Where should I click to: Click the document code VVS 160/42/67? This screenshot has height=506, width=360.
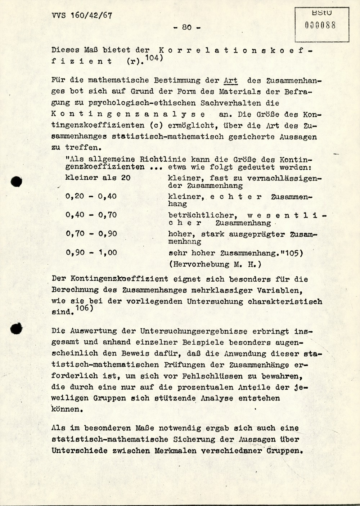click(x=82, y=15)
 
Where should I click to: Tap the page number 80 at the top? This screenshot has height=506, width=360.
click(x=187, y=27)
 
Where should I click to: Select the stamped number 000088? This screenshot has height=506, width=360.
click(x=320, y=25)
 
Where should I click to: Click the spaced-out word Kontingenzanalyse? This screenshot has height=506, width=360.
click(x=128, y=114)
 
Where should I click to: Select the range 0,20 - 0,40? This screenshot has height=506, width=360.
click(x=91, y=196)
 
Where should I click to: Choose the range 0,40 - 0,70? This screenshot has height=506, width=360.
click(x=91, y=215)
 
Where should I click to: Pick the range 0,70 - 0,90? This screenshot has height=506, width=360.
click(x=91, y=234)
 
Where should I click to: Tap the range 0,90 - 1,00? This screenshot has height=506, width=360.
click(x=91, y=252)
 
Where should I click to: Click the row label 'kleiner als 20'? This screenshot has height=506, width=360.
click(x=98, y=178)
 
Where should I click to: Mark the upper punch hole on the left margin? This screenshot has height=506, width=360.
click(x=16, y=182)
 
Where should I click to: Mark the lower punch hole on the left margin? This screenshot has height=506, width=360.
click(x=16, y=328)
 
